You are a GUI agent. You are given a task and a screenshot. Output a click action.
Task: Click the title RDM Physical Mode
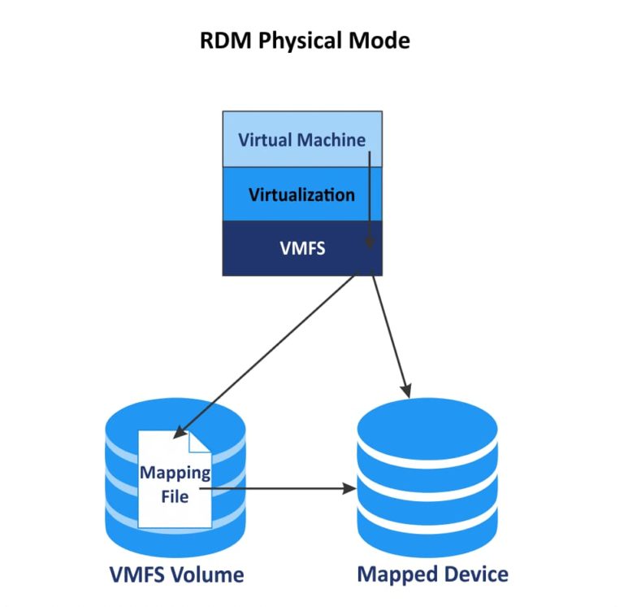(x=305, y=41)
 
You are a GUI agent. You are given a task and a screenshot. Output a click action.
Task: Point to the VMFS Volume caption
(x=176, y=574)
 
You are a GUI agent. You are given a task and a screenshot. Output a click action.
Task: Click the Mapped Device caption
(x=432, y=574)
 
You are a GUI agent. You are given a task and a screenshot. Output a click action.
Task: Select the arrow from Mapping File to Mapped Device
(x=284, y=489)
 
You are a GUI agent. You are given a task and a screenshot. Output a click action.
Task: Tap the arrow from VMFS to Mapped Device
(x=390, y=334)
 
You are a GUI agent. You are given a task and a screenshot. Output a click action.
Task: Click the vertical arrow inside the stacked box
(x=370, y=195)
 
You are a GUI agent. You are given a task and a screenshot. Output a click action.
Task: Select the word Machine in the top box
(x=331, y=139)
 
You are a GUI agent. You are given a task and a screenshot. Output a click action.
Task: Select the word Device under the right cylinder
(x=472, y=574)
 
